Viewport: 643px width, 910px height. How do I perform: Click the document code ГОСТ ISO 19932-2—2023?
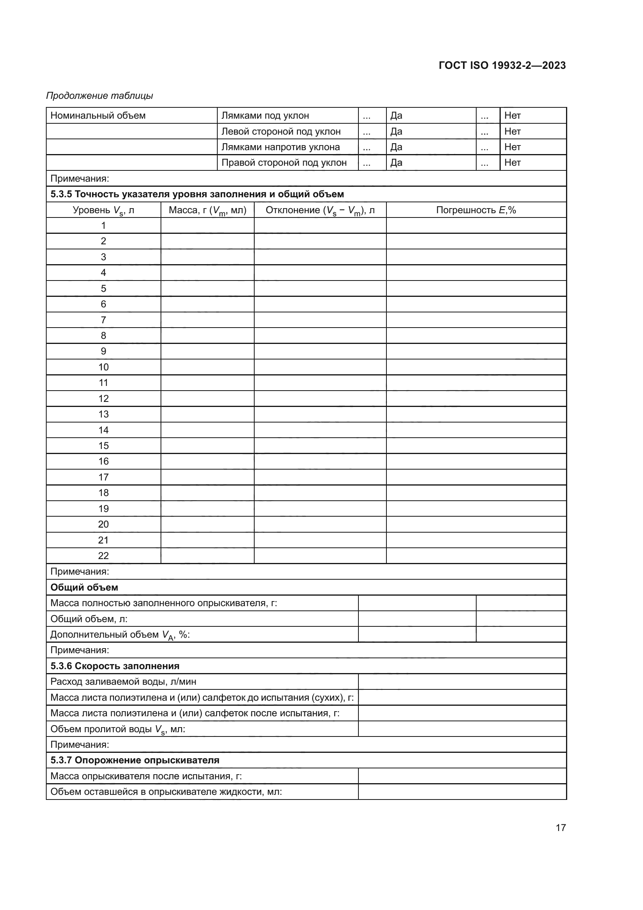click(502, 65)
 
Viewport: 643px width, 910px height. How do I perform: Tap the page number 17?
click(561, 827)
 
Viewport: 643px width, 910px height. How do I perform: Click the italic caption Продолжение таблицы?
click(100, 96)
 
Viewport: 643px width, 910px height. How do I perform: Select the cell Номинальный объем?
click(98, 115)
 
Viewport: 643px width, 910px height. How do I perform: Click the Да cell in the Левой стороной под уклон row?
click(430, 131)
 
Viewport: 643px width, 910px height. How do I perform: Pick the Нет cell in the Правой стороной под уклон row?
click(533, 163)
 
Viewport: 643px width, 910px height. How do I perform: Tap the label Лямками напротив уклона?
click(280, 147)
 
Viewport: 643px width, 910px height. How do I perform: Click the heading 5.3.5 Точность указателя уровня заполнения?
click(197, 194)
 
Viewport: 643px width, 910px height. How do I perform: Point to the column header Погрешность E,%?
click(476, 210)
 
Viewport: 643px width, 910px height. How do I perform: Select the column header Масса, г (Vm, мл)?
click(208, 210)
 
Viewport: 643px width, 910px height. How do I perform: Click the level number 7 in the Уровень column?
click(103, 320)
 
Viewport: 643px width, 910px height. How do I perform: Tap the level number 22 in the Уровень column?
click(103, 556)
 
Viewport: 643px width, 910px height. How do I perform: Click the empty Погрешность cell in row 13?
click(476, 414)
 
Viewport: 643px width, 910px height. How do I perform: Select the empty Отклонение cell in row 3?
click(320, 257)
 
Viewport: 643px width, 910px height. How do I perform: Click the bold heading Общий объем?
click(84, 587)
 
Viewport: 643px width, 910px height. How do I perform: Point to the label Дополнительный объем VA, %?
click(120, 635)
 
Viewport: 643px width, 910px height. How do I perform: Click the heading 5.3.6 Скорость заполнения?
click(115, 666)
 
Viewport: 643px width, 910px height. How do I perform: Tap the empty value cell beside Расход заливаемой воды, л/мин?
click(462, 682)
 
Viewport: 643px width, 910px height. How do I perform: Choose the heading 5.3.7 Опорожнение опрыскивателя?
click(135, 760)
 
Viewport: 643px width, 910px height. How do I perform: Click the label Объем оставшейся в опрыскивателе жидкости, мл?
click(166, 792)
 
